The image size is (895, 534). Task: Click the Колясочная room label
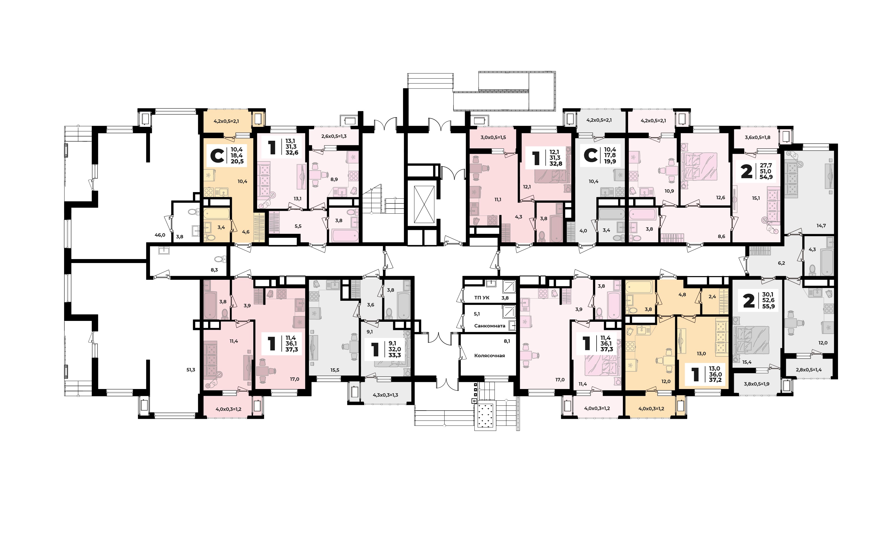click(x=489, y=356)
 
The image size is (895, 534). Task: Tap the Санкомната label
click(x=489, y=326)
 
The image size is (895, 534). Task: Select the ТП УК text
click(x=482, y=298)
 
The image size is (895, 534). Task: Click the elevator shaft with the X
click(x=424, y=204)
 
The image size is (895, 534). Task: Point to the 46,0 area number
click(x=160, y=235)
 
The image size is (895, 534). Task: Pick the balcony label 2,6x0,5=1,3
click(x=334, y=136)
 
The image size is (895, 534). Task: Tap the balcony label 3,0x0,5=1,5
click(x=493, y=137)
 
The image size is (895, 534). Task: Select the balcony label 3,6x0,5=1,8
click(x=757, y=137)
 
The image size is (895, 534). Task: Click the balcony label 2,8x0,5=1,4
click(x=809, y=369)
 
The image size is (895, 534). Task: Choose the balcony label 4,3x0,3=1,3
click(x=385, y=395)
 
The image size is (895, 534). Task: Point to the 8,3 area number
click(x=214, y=270)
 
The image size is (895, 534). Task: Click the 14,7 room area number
click(x=821, y=226)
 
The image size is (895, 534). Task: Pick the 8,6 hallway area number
click(x=721, y=236)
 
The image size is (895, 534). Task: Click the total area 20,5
click(x=237, y=161)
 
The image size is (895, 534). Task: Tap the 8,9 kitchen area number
click(x=334, y=179)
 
